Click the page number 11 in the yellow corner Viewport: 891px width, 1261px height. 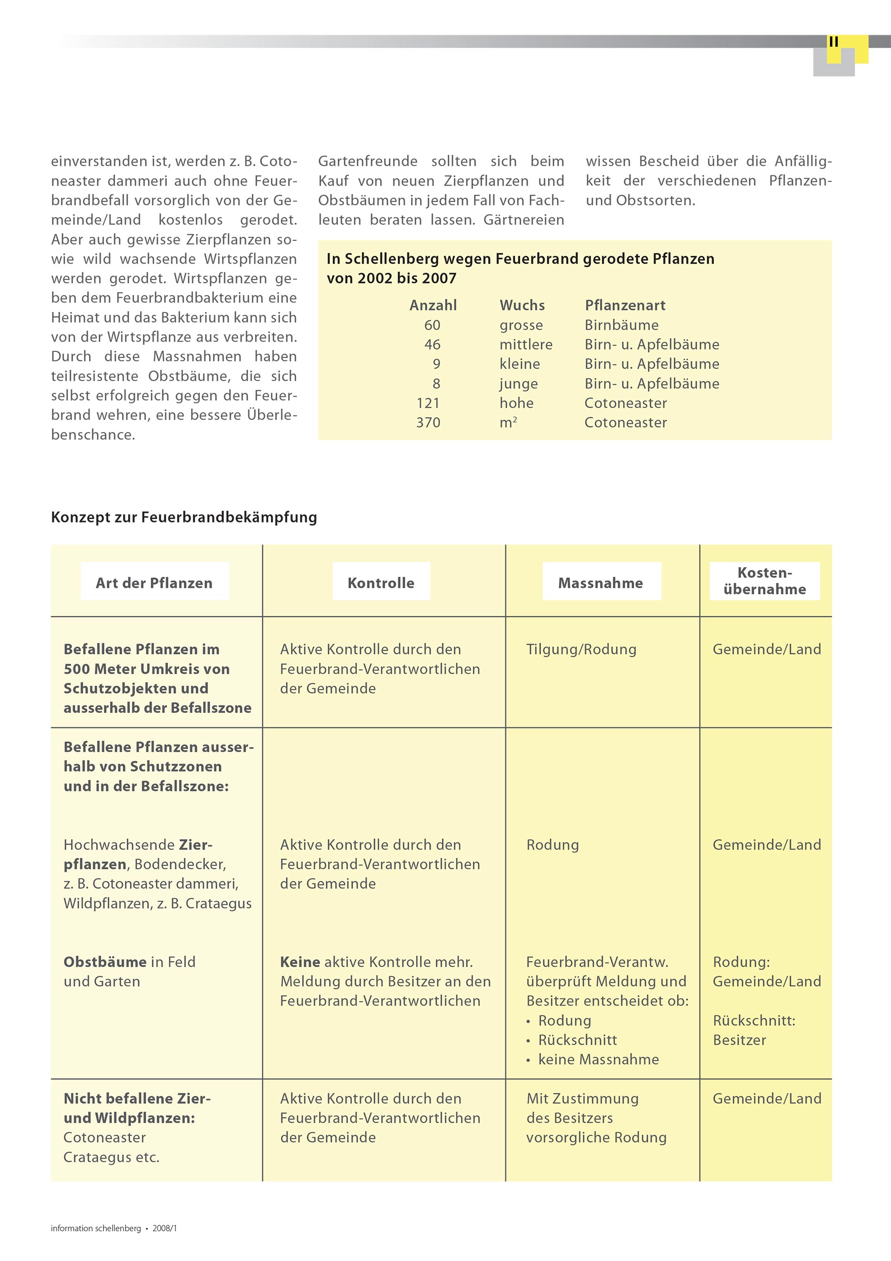[x=833, y=42]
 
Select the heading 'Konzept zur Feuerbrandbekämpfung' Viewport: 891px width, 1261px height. [x=184, y=517]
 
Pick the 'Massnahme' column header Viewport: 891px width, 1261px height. [x=600, y=583]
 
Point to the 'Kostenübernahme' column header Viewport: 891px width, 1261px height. [x=765, y=581]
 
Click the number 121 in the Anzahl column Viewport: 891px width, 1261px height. [x=428, y=403]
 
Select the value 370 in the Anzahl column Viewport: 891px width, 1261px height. [x=428, y=422]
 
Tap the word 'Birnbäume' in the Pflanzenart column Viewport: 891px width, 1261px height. [x=621, y=325]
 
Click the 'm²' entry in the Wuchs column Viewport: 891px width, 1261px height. [x=508, y=422]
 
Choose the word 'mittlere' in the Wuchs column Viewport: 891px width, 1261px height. [x=526, y=344]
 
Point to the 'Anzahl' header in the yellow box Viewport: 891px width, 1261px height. [x=433, y=305]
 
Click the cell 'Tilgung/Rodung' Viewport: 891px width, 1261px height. [x=581, y=649]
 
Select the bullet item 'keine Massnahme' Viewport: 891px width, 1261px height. [x=598, y=1060]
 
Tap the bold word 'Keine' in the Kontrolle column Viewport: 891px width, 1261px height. [x=300, y=962]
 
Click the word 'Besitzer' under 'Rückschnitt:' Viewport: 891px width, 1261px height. [x=739, y=1040]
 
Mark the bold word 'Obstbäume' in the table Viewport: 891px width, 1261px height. [x=105, y=962]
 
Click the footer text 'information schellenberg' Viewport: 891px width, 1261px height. [x=96, y=1228]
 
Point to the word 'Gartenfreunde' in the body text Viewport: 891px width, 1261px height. [x=368, y=162]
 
